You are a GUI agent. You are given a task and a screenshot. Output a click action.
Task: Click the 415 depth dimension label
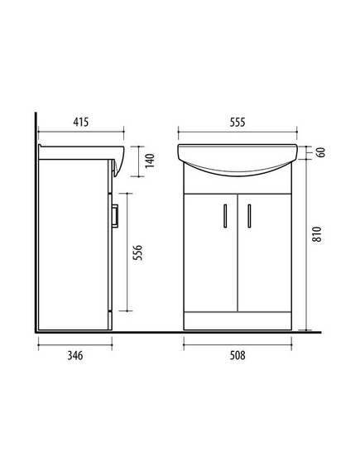pyautogui.click(x=81, y=122)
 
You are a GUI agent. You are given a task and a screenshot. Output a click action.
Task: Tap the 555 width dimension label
pyautogui.click(x=238, y=123)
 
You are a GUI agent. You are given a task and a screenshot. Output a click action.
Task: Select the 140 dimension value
pyautogui.click(x=150, y=161)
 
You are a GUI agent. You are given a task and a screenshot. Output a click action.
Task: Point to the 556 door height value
pyautogui.click(x=137, y=252)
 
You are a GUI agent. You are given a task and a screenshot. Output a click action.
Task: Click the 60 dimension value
pyautogui.click(x=321, y=152)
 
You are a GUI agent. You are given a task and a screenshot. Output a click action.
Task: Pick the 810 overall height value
pyautogui.click(x=317, y=234)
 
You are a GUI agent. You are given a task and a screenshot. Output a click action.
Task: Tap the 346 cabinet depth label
pyautogui.click(x=74, y=356)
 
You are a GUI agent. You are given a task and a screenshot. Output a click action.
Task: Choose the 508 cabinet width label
pyautogui.click(x=238, y=355)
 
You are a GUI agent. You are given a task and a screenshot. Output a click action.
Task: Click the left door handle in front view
pyautogui.click(x=225, y=216)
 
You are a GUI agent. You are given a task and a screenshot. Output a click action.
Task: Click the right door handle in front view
pyautogui.click(x=249, y=216)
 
